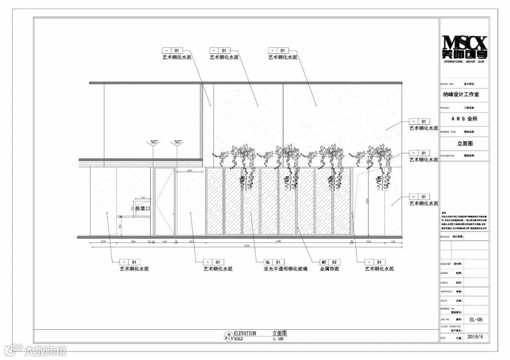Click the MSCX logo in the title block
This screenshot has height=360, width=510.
(464, 48)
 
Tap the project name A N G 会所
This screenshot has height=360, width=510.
(464, 119)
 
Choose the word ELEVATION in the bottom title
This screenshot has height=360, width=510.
(245, 334)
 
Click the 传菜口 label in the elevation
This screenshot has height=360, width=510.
(142, 209)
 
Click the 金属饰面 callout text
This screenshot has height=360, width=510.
(329, 269)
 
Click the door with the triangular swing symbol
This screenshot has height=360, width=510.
(164, 201)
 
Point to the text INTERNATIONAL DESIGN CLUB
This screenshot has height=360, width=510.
(464, 62)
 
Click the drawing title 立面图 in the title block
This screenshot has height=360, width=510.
(465, 143)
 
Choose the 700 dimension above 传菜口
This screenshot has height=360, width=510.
(143, 198)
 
